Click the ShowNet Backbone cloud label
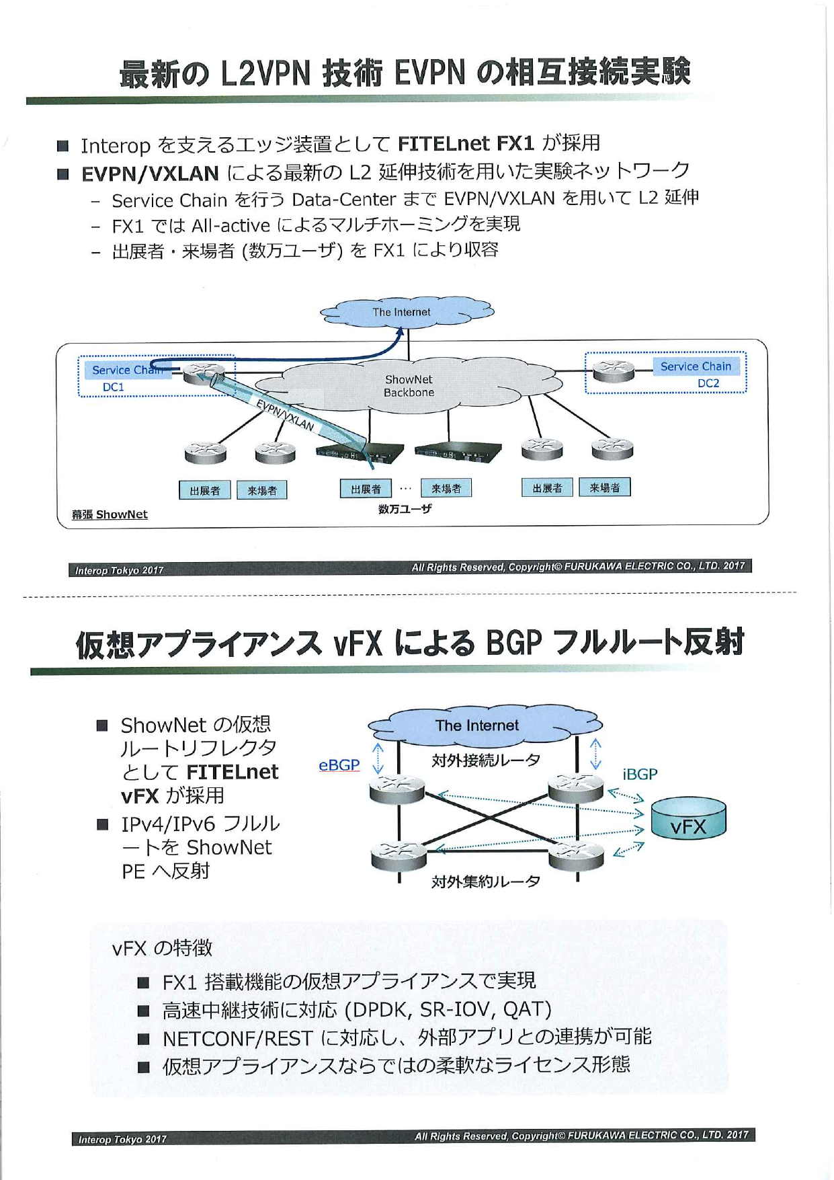(409, 386)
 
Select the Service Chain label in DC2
(696, 366)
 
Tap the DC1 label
(114, 387)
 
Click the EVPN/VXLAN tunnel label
(285, 414)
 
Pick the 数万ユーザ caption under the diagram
(405, 509)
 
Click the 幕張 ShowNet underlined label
(110, 514)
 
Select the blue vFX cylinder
(689, 818)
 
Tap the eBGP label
(339, 765)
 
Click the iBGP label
(640, 775)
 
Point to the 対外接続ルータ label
(486, 760)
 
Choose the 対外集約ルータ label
(486, 881)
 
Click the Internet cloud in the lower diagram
(477, 726)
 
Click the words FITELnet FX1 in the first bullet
(466, 143)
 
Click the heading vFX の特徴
(162, 948)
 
